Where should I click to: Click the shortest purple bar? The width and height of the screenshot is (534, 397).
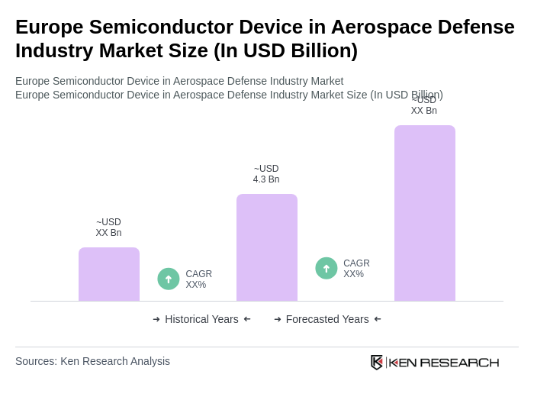109,274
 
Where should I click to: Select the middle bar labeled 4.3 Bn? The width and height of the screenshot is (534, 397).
267,247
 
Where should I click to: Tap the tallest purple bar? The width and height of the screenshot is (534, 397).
425,213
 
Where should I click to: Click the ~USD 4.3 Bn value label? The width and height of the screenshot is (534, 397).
266,174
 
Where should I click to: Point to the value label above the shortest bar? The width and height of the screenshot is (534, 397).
108,228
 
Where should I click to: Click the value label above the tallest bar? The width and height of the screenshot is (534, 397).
424,106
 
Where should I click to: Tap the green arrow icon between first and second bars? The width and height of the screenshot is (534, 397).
169,279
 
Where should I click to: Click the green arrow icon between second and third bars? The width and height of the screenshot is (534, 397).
327,268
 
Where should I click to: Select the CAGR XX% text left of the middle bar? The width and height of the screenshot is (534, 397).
198,279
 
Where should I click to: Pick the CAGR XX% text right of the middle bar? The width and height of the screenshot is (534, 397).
356,269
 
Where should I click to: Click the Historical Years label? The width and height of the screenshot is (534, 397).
201,319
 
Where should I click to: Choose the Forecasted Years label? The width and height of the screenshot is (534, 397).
327,319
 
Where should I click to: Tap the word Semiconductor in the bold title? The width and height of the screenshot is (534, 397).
164,27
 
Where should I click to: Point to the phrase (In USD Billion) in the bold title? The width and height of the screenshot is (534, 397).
285,50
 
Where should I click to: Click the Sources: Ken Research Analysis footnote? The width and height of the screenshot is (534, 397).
92,361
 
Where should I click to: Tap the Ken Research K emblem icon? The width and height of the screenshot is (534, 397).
377,362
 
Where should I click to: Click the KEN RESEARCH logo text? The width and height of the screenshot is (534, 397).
444,362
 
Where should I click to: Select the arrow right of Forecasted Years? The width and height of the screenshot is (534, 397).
378,319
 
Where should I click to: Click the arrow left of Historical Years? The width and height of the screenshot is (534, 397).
156,319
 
